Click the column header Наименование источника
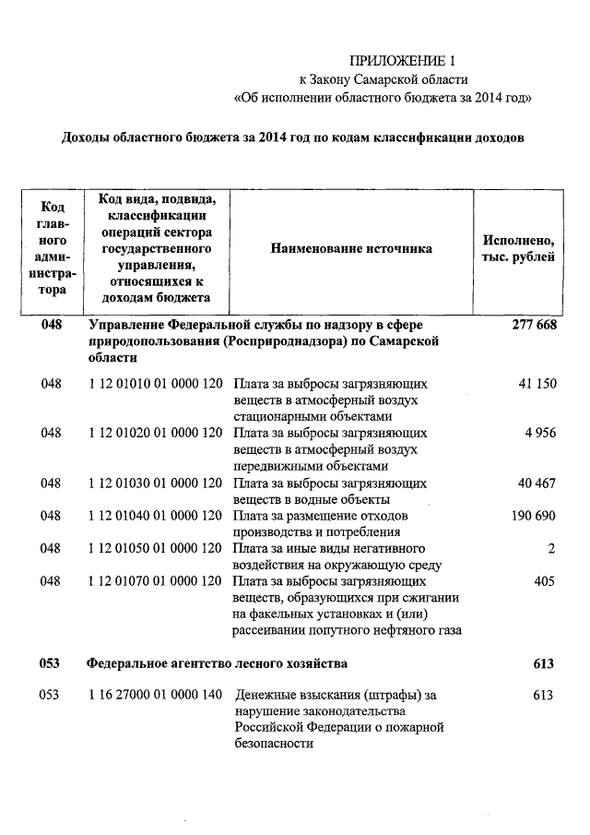tap(350, 249)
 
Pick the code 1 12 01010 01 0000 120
tap(155, 383)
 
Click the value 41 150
tap(537, 383)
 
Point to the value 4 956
tap(540, 433)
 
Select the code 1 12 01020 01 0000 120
tap(155, 433)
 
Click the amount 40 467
tap(537, 483)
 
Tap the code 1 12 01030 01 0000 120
tap(155, 483)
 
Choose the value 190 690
tap(534, 516)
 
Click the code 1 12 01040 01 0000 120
tap(155, 516)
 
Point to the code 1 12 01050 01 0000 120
tap(155, 549)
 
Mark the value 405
tap(546, 582)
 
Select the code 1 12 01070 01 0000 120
tap(155, 582)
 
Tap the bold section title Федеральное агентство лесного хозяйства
tap(217, 663)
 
